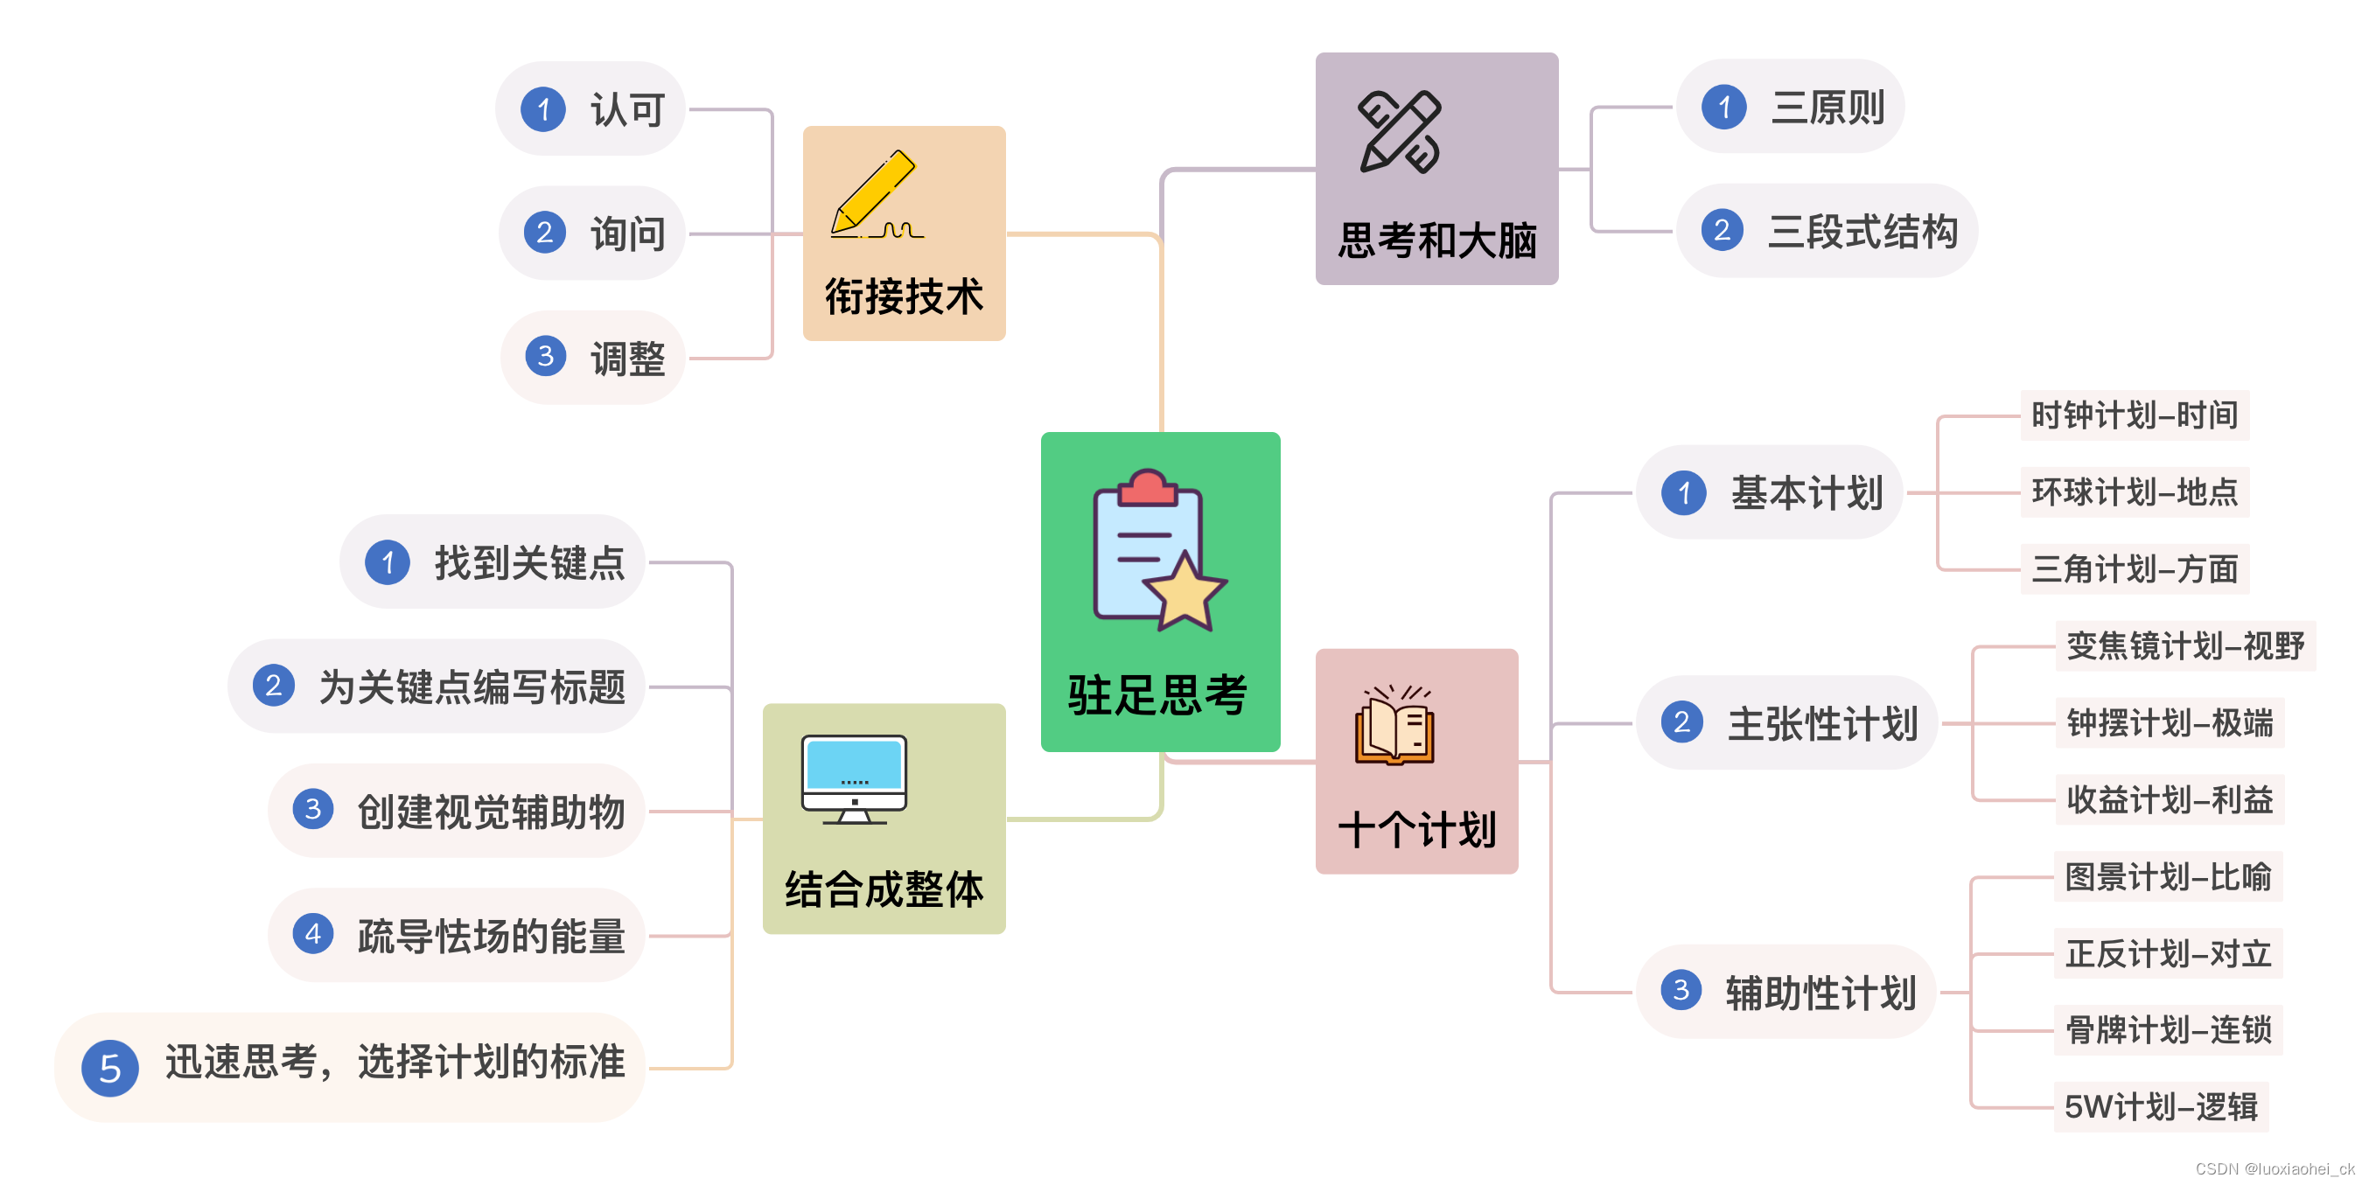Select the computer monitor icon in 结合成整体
coord(854,777)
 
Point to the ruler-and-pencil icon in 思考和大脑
coord(1400,132)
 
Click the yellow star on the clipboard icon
coord(1184,592)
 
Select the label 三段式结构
coord(1862,232)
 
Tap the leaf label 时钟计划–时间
coord(2134,415)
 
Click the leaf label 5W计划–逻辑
coord(2160,1107)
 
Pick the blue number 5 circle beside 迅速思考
coord(110,1067)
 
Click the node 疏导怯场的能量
coord(490,936)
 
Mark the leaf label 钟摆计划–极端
coord(2170,723)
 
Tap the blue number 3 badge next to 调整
coord(545,356)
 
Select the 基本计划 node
coord(1806,492)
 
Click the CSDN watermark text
coord(2274,1168)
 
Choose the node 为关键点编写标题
coord(471,687)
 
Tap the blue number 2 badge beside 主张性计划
coord(1682,722)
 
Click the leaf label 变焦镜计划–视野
coord(2184,646)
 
